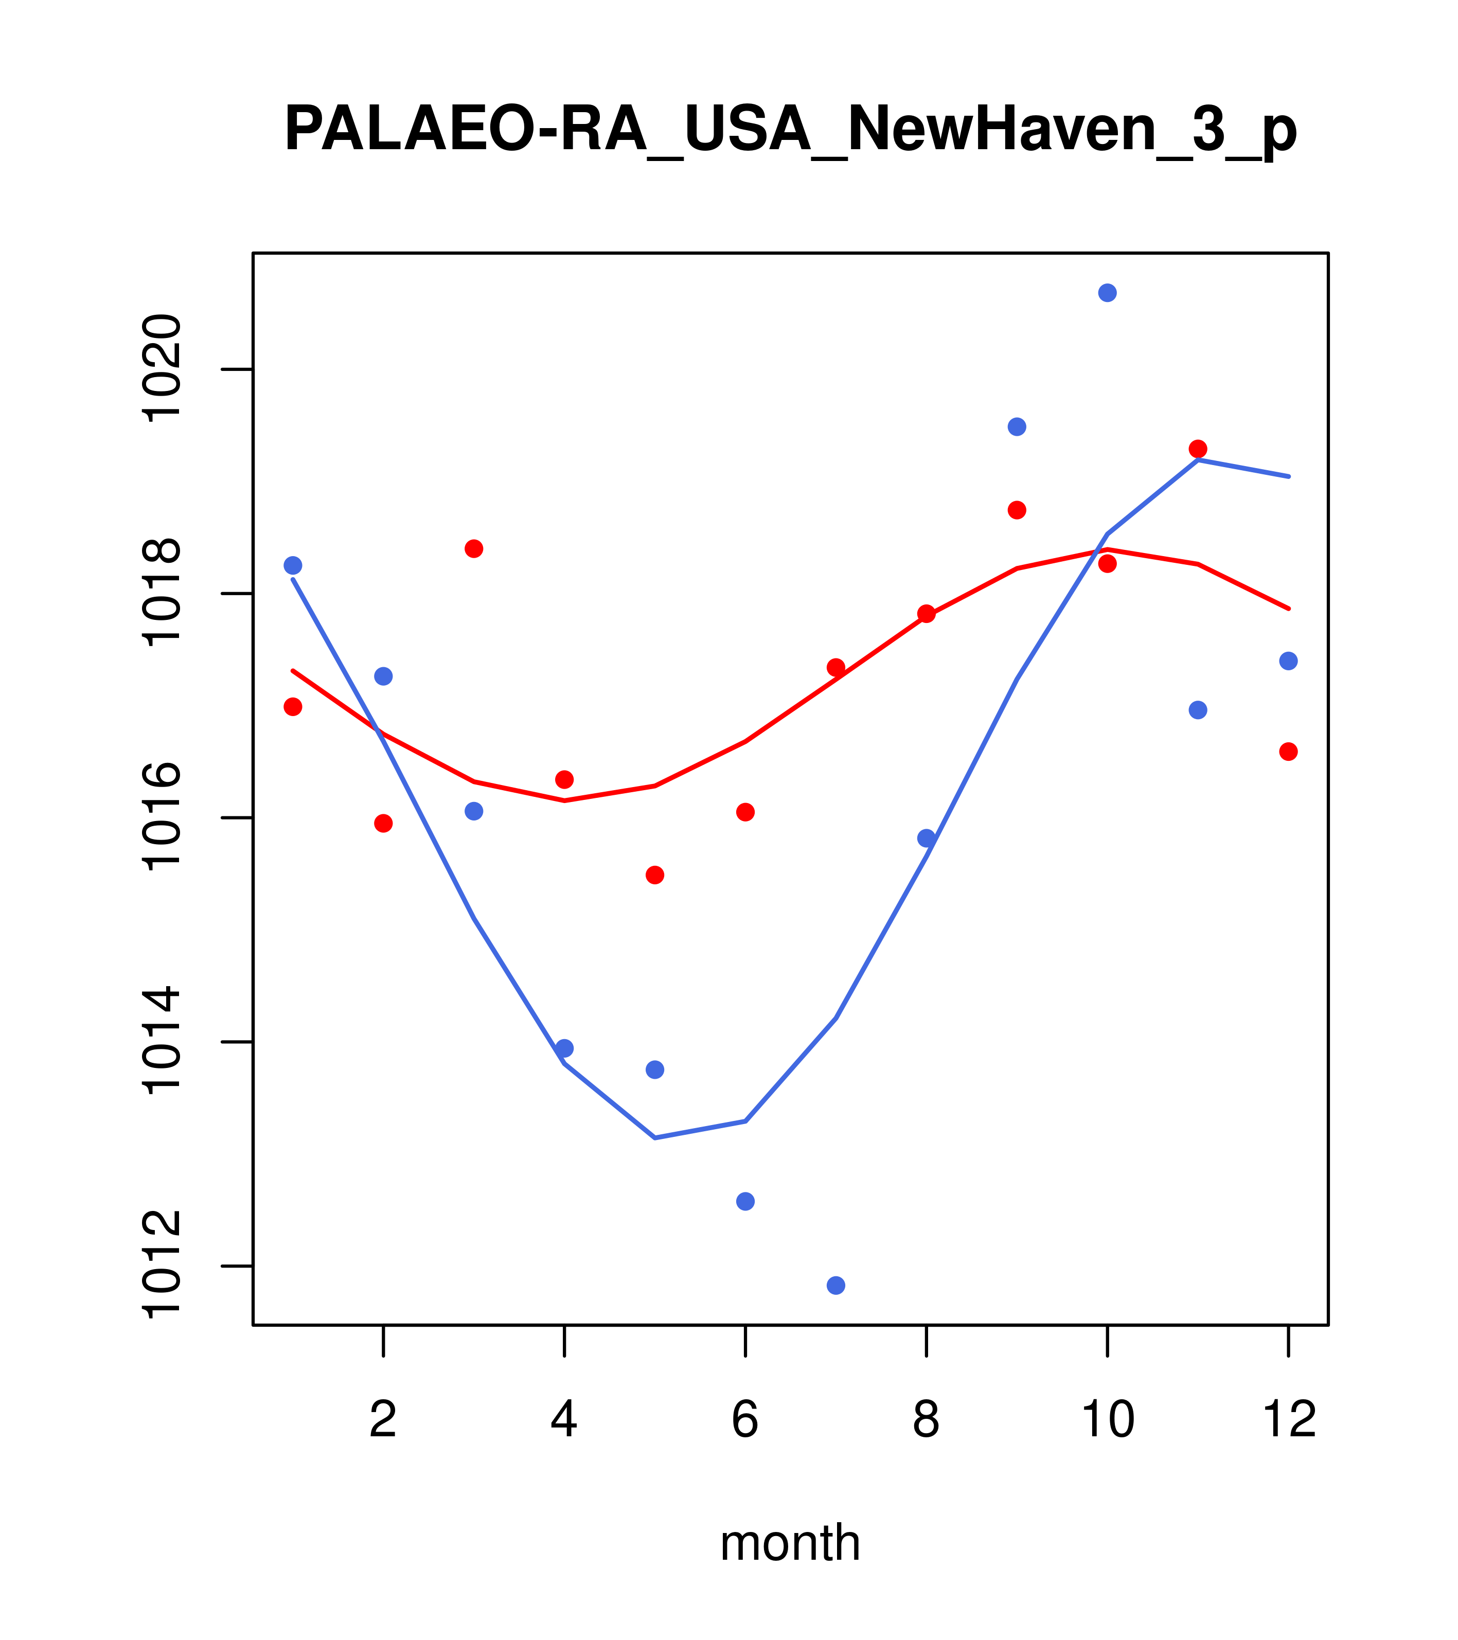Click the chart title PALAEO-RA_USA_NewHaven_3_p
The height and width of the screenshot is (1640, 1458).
click(790, 130)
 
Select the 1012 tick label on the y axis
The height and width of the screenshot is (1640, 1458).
click(161, 1265)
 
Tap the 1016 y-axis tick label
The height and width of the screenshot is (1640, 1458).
click(161, 817)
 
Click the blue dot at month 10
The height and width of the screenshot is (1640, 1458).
click(1107, 293)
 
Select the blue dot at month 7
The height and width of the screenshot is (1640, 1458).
click(835, 1286)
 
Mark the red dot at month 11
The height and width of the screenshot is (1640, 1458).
click(1198, 449)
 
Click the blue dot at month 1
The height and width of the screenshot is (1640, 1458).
click(293, 566)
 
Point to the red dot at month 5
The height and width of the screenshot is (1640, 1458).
click(655, 875)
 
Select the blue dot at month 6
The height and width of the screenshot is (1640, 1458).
click(745, 1201)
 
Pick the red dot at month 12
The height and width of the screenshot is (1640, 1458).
click(1289, 752)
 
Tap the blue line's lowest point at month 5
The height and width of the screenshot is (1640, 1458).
click(655, 1138)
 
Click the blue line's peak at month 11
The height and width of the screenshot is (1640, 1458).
click(1198, 460)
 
